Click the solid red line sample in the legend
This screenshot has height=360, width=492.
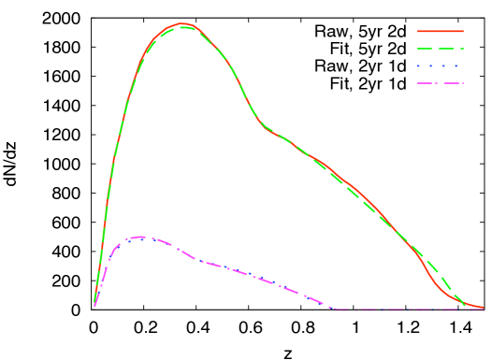440,31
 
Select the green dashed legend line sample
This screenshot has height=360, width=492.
440,48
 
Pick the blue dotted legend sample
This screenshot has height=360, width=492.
440,65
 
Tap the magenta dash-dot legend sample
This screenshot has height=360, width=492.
440,83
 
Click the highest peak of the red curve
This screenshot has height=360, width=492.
181,23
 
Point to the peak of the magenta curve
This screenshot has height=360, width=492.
140,237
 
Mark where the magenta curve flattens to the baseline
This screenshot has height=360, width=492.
335,309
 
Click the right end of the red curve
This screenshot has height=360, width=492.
483,308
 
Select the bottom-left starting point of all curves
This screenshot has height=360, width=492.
94,305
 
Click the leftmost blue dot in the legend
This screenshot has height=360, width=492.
419,65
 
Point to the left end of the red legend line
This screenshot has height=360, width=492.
417,31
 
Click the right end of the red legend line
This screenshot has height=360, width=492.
463,31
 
